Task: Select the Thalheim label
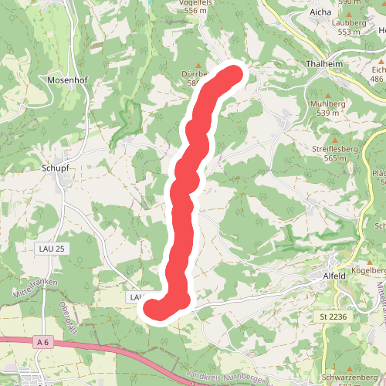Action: pyautogui.click(x=324, y=64)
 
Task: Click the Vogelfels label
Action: pyautogui.click(x=196, y=2)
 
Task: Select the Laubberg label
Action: pyautogui.click(x=349, y=23)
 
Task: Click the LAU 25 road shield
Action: pyautogui.click(x=52, y=248)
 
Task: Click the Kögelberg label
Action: pyautogui.click(x=367, y=270)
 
